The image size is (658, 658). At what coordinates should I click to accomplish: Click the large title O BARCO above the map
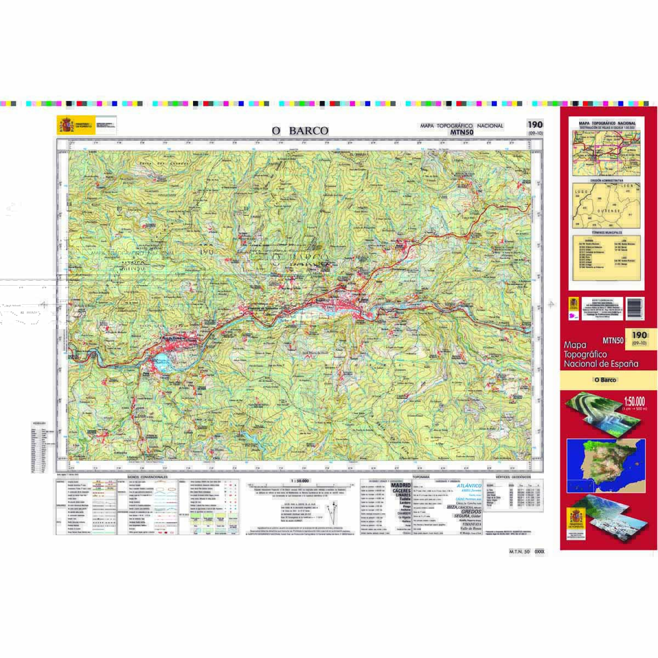point(300,131)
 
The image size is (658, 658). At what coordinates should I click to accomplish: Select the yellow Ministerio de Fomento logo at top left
point(66,126)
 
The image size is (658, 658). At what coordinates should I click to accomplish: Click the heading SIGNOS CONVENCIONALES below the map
point(147,477)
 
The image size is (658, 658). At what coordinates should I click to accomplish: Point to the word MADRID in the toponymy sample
point(401,486)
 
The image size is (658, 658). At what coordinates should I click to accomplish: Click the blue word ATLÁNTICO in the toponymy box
point(468,486)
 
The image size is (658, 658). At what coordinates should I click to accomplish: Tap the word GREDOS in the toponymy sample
point(471,512)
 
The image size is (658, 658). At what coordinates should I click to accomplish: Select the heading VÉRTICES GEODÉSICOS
point(513,477)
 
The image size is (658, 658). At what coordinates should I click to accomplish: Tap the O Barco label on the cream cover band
point(605,379)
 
